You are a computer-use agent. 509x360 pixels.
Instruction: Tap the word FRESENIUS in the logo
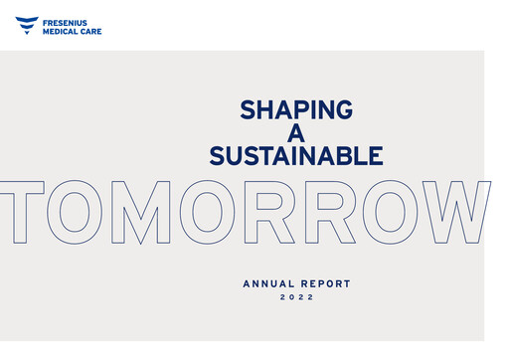pos(72,21)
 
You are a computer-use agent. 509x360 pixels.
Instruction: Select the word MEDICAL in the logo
pos(66,31)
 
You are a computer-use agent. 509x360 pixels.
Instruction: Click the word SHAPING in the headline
pos(296,109)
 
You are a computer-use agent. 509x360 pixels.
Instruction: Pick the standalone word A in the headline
pos(296,132)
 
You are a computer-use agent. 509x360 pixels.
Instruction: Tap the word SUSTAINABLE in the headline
pos(296,156)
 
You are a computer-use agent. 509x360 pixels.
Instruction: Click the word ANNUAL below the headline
pos(270,284)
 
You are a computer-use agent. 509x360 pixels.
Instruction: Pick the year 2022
pos(296,297)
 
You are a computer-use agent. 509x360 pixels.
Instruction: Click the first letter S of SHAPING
pos(249,109)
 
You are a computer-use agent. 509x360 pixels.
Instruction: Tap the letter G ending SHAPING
pos(343,109)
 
